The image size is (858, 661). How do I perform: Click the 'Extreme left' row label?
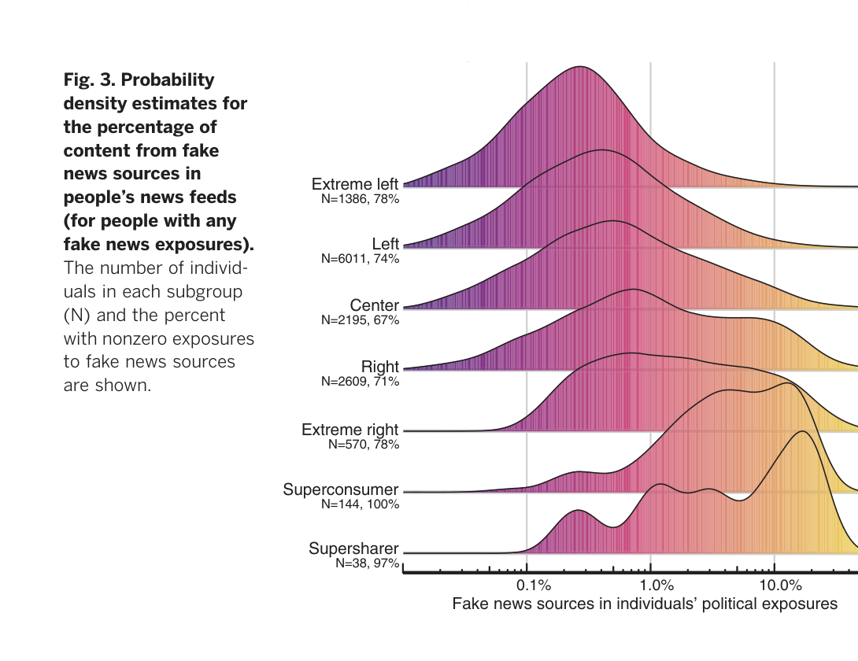coord(355,185)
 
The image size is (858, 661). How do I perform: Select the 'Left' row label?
coord(386,244)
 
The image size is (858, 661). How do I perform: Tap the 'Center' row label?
coord(375,305)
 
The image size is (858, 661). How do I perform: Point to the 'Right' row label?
coord(380,367)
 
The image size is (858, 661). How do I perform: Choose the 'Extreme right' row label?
coord(350,430)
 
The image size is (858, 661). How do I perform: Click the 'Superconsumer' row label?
coord(341,490)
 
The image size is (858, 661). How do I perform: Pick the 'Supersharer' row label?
coord(353,549)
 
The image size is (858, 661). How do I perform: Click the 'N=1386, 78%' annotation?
coord(361,200)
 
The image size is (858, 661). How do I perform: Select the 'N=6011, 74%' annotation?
coord(361,259)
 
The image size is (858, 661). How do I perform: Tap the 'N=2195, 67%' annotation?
coord(361,320)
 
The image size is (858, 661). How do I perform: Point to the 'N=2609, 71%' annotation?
coord(361,382)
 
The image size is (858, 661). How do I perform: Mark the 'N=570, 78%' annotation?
coord(364,445)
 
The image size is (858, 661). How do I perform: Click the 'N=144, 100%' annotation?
coord(361,504)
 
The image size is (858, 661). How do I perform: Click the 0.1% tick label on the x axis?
coord(533,586)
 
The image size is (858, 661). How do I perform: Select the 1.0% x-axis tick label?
coord(657,586)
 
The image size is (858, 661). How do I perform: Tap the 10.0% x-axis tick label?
coord(782,586)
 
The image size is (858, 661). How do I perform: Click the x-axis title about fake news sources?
coord(645,604)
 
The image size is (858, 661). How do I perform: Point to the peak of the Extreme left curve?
coord(579,67)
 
